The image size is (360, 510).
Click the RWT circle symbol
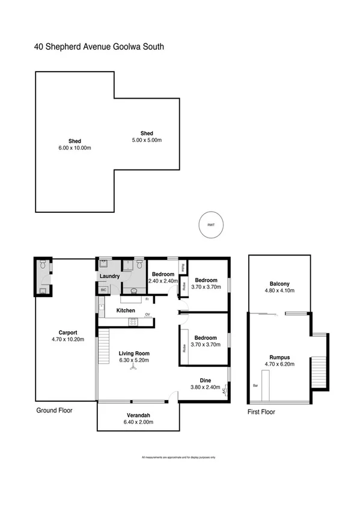pyautogui.click(x=210, y=225)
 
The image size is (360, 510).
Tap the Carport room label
pyautogui.click(x=67, y=332)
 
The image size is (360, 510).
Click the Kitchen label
pyautogui.click(x=126, y=310)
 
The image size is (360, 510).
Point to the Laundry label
pyautogui.click(x=110, y=277)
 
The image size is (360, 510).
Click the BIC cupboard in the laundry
pyautogui.click(x=103, y=290)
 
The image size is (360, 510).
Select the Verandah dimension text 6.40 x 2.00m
pyautogui.click(x=138, y=422)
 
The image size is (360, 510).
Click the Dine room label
pyautogui.click(x=205, y=380)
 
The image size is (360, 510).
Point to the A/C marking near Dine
pyautogui.click(x=224, y=390)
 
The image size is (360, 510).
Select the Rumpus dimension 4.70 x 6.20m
pyautogui.click(x=279, y=364)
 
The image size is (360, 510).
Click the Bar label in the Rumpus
pyautogui.click(x=255, y=386)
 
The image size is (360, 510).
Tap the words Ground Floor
pyautogui.click(x=53, y=411)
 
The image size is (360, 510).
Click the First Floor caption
pyautogui.click(x=261, y=412)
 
